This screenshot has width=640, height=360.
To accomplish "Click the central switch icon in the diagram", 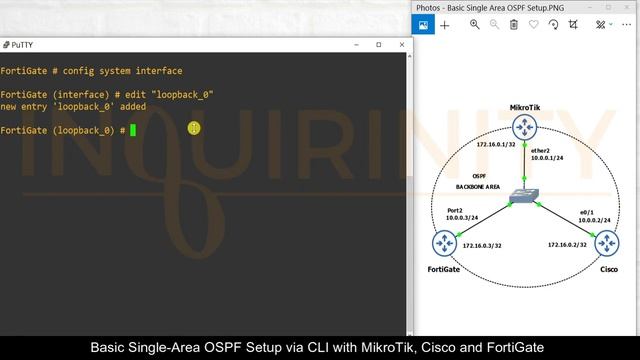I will tap(523, 196).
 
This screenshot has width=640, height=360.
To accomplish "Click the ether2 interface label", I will tap(541, 150).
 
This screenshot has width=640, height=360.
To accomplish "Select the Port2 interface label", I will tap(455, 210).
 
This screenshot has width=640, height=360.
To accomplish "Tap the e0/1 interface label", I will tap(588, 212).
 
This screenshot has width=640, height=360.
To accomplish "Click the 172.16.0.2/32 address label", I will tap(566, 243).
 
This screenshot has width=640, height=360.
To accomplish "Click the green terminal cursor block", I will tap(132, 130).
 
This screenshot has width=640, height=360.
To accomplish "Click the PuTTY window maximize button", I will tap(378, 45).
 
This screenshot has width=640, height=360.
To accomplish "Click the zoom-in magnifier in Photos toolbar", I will tap(475, 25).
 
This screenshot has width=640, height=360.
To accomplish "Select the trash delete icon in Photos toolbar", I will tap(513, 25).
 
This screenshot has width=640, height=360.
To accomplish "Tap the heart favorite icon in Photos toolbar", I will tap(534, 25).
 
